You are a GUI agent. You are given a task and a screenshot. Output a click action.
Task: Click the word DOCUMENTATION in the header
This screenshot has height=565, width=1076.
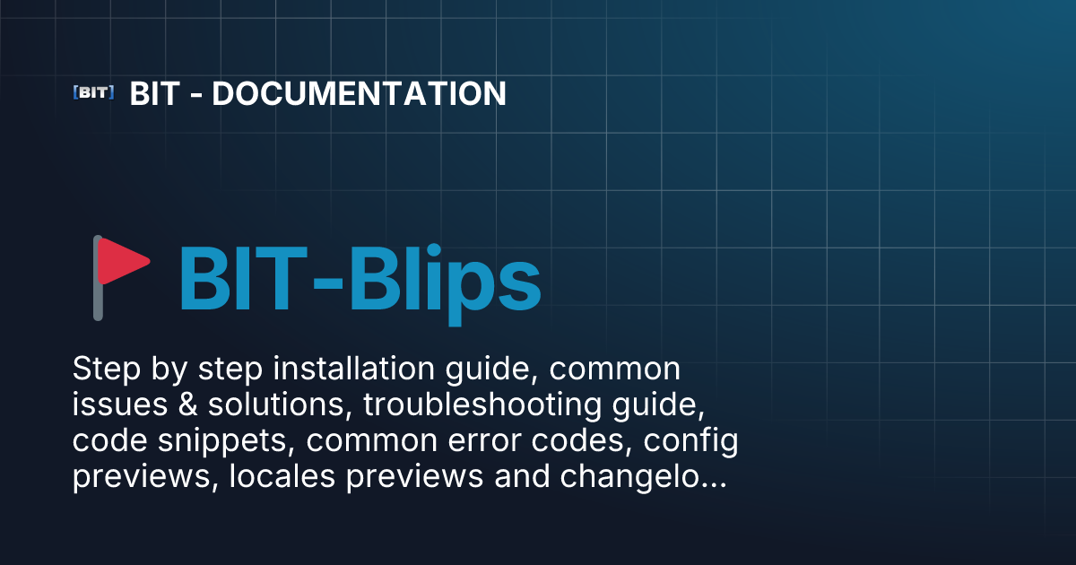[359, 93]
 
